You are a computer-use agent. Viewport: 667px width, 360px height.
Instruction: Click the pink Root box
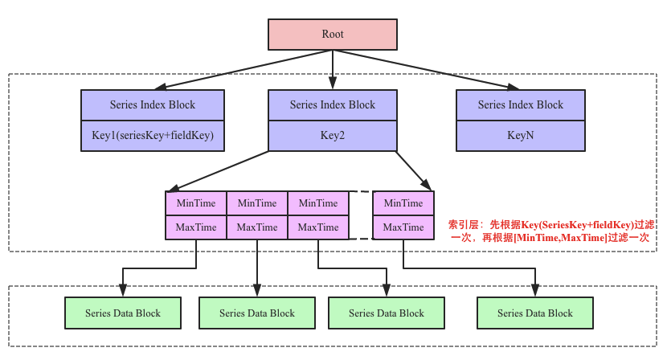click(333, 34)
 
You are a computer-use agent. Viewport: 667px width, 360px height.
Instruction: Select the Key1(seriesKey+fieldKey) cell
click(152, 136)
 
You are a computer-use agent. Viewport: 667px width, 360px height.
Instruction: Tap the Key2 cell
click(333, 136)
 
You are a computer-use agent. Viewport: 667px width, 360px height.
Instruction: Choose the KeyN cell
click(520, 136)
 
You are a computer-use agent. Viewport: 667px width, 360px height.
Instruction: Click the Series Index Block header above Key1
click(152, 105)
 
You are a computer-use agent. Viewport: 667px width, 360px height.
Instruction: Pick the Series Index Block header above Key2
click(333, 105)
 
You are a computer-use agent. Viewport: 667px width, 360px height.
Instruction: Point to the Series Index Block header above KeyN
click(520, 105)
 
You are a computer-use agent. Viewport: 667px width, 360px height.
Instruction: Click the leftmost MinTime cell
click(196, 203)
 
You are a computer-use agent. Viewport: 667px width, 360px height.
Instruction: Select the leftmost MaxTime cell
click(196, 227)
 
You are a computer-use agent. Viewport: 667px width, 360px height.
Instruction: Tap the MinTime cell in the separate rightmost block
click(403, 203)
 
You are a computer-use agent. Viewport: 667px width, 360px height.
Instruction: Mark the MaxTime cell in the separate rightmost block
click(403, 227)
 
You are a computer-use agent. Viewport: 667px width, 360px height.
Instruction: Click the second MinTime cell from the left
click(257, 203)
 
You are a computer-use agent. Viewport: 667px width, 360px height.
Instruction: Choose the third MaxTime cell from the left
click(318, 227)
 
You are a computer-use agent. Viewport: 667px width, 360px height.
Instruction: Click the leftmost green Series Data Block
click(123, 313)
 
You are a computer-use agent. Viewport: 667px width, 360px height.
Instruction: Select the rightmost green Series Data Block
click(535, 313)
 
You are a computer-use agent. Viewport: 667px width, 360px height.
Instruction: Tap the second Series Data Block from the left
click(257, 313)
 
